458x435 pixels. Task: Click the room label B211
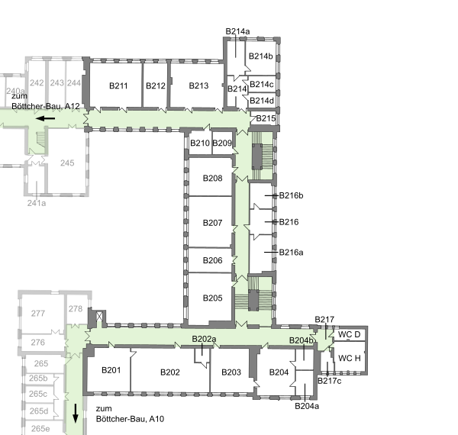click(x=118, y=85)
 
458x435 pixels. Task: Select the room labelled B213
click(x=198, y=85)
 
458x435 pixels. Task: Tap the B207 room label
click(x=212, y=223)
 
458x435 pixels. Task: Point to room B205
click(x=212, y=298)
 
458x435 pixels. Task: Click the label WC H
click(x=350, y=358)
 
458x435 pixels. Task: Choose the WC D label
click(x=349, y=334)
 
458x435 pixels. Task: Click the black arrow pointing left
click(x=45, y=118)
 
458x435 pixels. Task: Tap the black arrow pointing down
click(x=76, y=414)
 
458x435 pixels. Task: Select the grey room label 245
click(x=67, y=163)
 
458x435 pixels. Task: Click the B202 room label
click(x=170, y=372)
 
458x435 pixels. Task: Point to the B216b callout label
click(x=292, y=195)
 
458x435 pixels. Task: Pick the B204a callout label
click(x=307, y=406)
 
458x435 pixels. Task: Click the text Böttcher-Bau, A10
click(x=130, y=419)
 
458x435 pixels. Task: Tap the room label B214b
click(x=260, y=56)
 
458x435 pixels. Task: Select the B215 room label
click(x=266, y=118)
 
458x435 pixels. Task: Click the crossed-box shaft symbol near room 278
click(x=99, y=316)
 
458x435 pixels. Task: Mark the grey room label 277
click(x=38, y=314)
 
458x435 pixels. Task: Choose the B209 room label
click(x=222, y=143)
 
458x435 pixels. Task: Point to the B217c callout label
click(x=329, y=381)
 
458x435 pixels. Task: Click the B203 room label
click(x=231, y=372)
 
